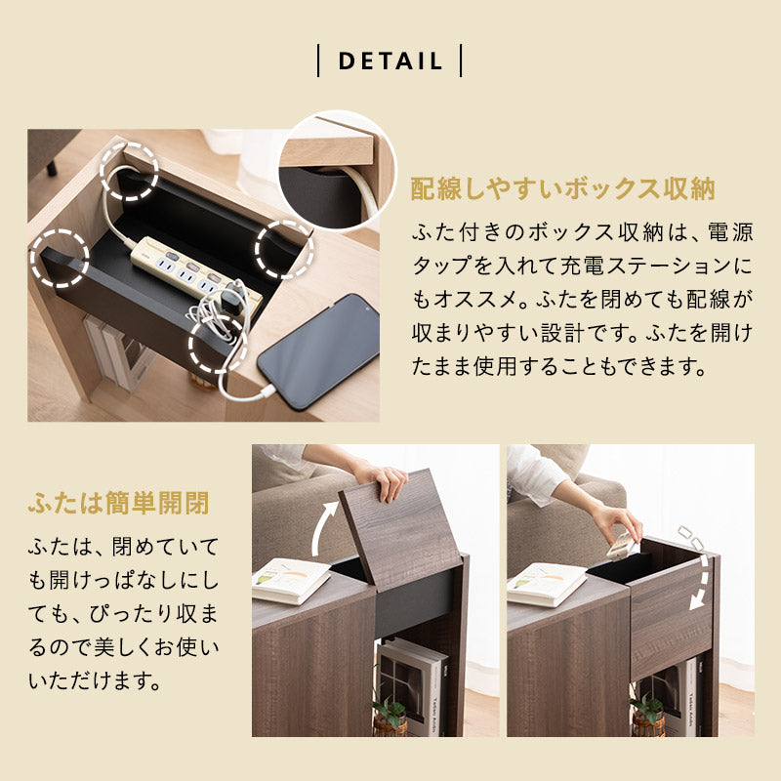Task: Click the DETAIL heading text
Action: click(390, 61)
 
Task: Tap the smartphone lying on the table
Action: click(319, 351)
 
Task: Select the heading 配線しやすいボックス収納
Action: click(562, 188)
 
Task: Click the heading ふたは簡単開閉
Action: click(118, 503)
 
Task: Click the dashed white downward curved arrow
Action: click(697, 567)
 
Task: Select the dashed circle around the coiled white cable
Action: click(218, 345)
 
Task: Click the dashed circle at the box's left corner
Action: click(60, 259)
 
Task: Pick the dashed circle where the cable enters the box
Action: click(129, 172)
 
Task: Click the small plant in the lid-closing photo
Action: click(647, 714)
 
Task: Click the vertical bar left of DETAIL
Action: click(318, 61)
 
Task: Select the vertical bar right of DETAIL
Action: click(461, 61)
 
